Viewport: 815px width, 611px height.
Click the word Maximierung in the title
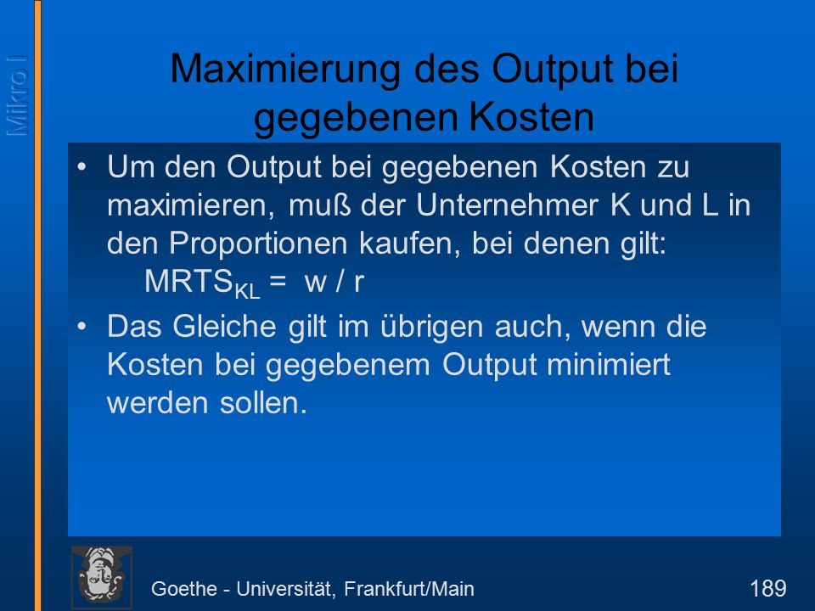click(x=285, y=69)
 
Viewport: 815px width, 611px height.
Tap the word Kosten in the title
click(x=531, y=117)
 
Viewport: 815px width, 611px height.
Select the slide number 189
click(x=767, y=589)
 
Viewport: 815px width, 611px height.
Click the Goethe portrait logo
click(x=101, y=577)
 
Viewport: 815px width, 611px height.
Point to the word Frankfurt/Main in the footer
click(x=409, y=589)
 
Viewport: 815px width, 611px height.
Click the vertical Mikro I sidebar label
click(x=17, y=96)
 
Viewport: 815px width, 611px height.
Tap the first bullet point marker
click(x=82, y=167)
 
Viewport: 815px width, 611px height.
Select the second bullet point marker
click(x=82, y=326)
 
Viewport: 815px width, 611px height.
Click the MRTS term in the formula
click(x=188, y=281)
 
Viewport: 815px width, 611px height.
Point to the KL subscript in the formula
click(x=247, y=291)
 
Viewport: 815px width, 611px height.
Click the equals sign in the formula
click(x=278, y=282)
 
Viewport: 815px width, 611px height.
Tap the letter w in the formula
click(x=316, y=283)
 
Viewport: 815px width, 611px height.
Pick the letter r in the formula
click(x=358, y=283)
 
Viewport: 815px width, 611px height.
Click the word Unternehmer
click(x=507, y=205)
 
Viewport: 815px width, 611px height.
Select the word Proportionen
click(x=258, y=244)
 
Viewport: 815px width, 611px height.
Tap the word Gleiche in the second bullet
click(x=224, y=326)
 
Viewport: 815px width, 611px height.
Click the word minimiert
click(x=608, y=364)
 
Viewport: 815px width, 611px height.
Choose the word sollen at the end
click(x=263, y=403)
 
